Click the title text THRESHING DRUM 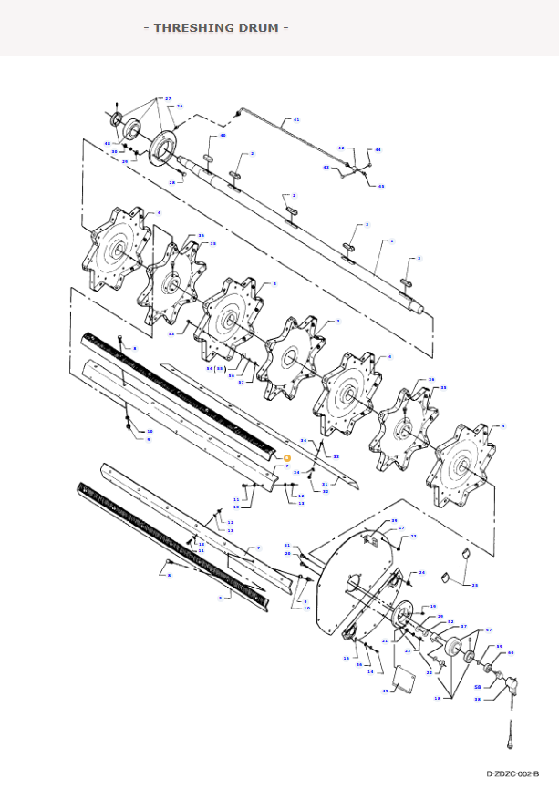click(216, 27)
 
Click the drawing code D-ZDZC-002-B click(512, 773)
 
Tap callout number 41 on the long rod click(295, 120)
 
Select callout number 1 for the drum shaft click(391, 241)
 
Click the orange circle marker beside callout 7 click(286, 457)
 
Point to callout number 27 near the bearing click(168, 98)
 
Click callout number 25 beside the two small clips click(474, 585)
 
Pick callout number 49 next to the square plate click(385, 691)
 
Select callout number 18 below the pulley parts click(437, 698)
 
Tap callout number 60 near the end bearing click(511, 652)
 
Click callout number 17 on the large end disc click(401, 528)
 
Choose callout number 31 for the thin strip click(325, 484)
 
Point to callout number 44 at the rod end click(378, 149)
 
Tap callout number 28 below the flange click(171, 182)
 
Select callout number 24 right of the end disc click(422, 573)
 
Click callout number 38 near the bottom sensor click(477, 700)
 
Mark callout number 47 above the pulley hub click(488, 630)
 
